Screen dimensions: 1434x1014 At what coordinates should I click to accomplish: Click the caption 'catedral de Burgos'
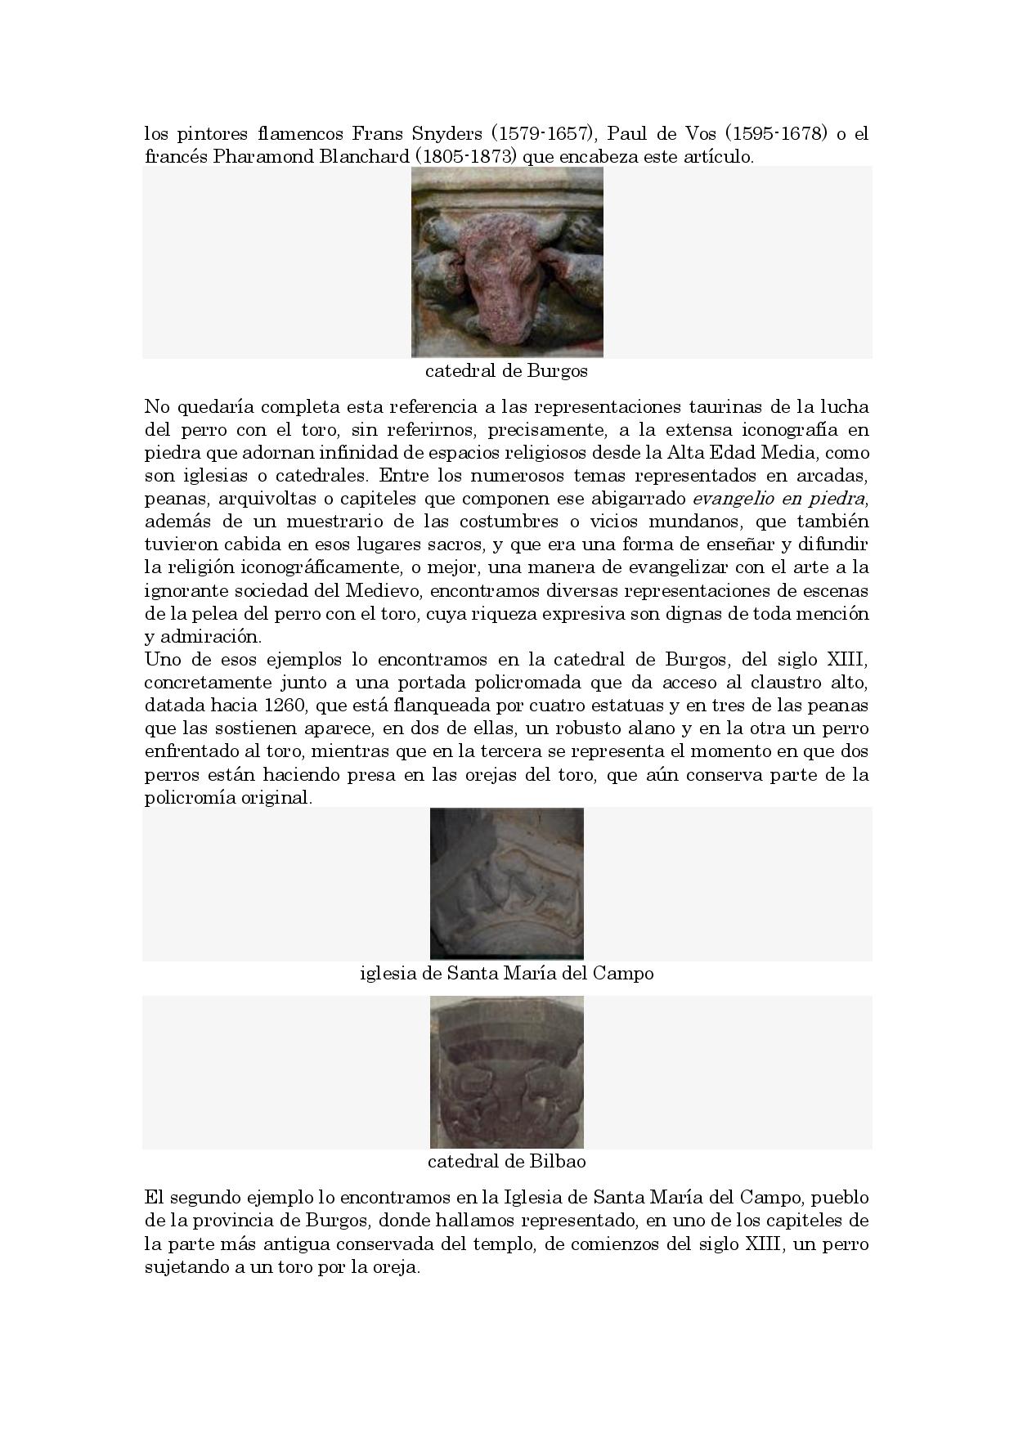pyautogui.click(x=506, y=371)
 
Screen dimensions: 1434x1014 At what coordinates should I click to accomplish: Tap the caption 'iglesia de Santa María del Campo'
pyautogui.click(x=506, y=974)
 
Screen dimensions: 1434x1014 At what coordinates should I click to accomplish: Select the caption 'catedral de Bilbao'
pyautogui.click(x=506, y=1162)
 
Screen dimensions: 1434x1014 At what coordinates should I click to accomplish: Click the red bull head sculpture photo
pyautogui.click(x=507, y=262)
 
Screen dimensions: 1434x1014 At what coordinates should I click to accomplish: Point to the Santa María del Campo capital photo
pyautogui.click(x=507, y=883)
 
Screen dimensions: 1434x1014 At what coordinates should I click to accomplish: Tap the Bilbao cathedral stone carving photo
pyautogui.click(x=507, y=1072)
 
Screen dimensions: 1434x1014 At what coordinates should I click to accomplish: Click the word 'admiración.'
pyautogui.click(x=192, y=636)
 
